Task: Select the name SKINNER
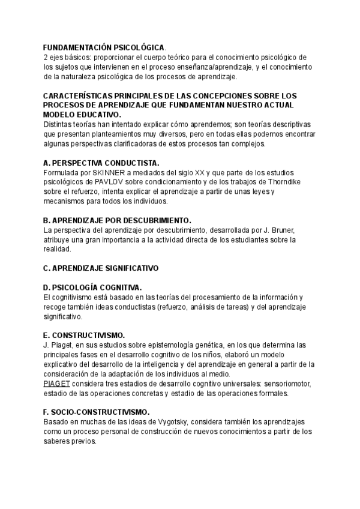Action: click(x=108, y=173)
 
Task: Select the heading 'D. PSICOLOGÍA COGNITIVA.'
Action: click(x=93, y=288)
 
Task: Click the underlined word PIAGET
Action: click(x=57, y=384)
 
